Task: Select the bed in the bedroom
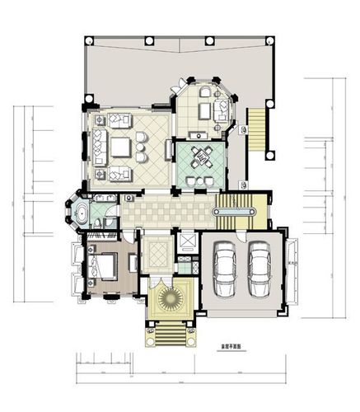tap(107, 265)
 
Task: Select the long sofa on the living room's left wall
tap(97, 147)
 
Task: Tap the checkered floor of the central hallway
tap(165, 214)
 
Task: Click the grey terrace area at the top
tap(132, 70)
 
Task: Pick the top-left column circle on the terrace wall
tap(87, 40)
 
